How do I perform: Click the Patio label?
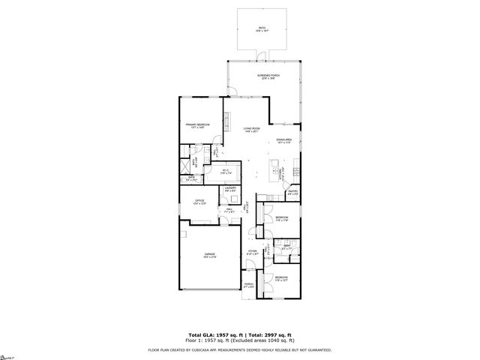(x=262, y=29)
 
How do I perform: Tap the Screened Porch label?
(x=268, y=77)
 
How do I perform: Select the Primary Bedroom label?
(x=197, y=125)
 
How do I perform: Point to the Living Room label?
(x=251, y=130)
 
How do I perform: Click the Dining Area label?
(x=283, y=140)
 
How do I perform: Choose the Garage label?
(x=209, y=256)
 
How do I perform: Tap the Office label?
(x=200, y=202)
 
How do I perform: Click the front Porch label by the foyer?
(x=250, y=284)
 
